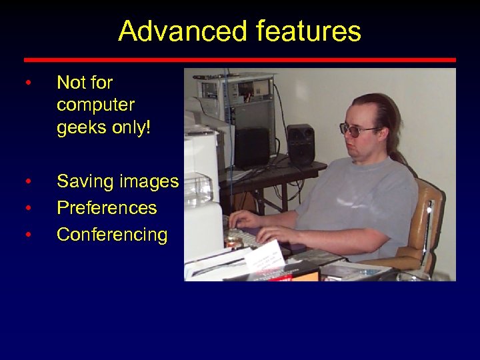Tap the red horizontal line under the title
[240, 60]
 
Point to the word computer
[95, 105]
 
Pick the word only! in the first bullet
[132, 127]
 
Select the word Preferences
[107, 208]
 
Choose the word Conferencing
[112, 235]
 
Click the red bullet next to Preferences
[27, 209]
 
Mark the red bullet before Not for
[27, 83]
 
